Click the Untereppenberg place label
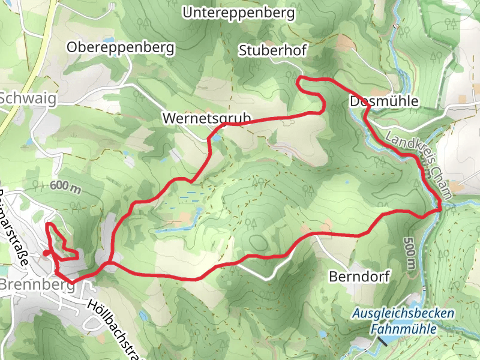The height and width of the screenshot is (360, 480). click(239, 12)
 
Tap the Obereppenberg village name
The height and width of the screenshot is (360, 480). click(121, 47)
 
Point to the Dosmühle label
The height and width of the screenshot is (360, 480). click(383, 101)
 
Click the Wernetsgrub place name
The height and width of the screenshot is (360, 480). click(205, 119)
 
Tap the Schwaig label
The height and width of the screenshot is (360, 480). click(28, 98)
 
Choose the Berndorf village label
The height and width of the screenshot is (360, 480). click(359, 277)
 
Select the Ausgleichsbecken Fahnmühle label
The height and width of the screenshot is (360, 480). click(403, 321)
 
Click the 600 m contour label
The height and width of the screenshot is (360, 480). click(65, 186)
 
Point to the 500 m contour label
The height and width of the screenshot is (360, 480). click(410, 251)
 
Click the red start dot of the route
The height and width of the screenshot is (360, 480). click(46, 254)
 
